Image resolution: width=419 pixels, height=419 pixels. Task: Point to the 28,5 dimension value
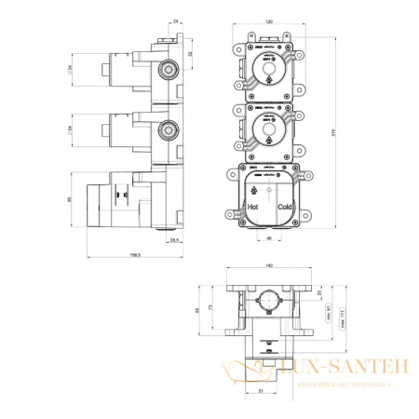(x=174, y=240)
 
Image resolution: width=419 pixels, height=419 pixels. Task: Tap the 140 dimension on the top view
(x=270, y=265)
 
